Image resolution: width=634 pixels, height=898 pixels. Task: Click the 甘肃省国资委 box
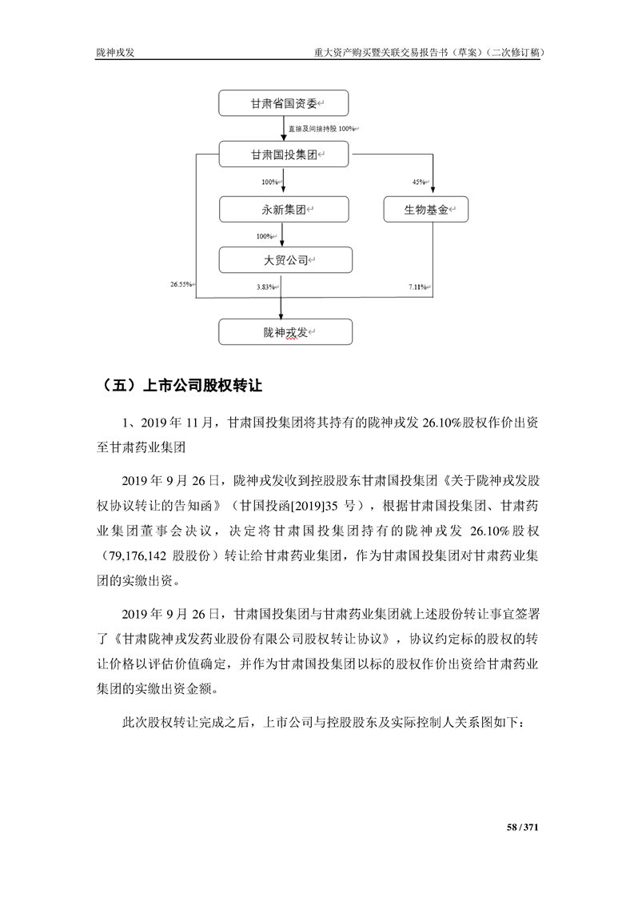pyautogui.click(x=284, y=104)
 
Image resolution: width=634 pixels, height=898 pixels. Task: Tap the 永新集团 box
pyautogui.click(x=284, y=210)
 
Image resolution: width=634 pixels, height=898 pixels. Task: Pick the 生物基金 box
pyautogui.click(x=425, y=210)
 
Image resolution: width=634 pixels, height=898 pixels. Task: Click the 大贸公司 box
pyautogui.click(x=284, y=260)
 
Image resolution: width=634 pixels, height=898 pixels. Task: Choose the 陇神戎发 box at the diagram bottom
pyautogui.click(x=284, y=331)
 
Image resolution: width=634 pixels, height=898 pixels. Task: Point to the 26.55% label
pyautogui.click(x=181, y=284)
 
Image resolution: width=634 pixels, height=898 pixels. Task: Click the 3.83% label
pyautogui.click(x=266, y=286)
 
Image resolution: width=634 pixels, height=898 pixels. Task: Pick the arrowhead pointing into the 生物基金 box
pyautogui.click(x=433, y=193)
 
